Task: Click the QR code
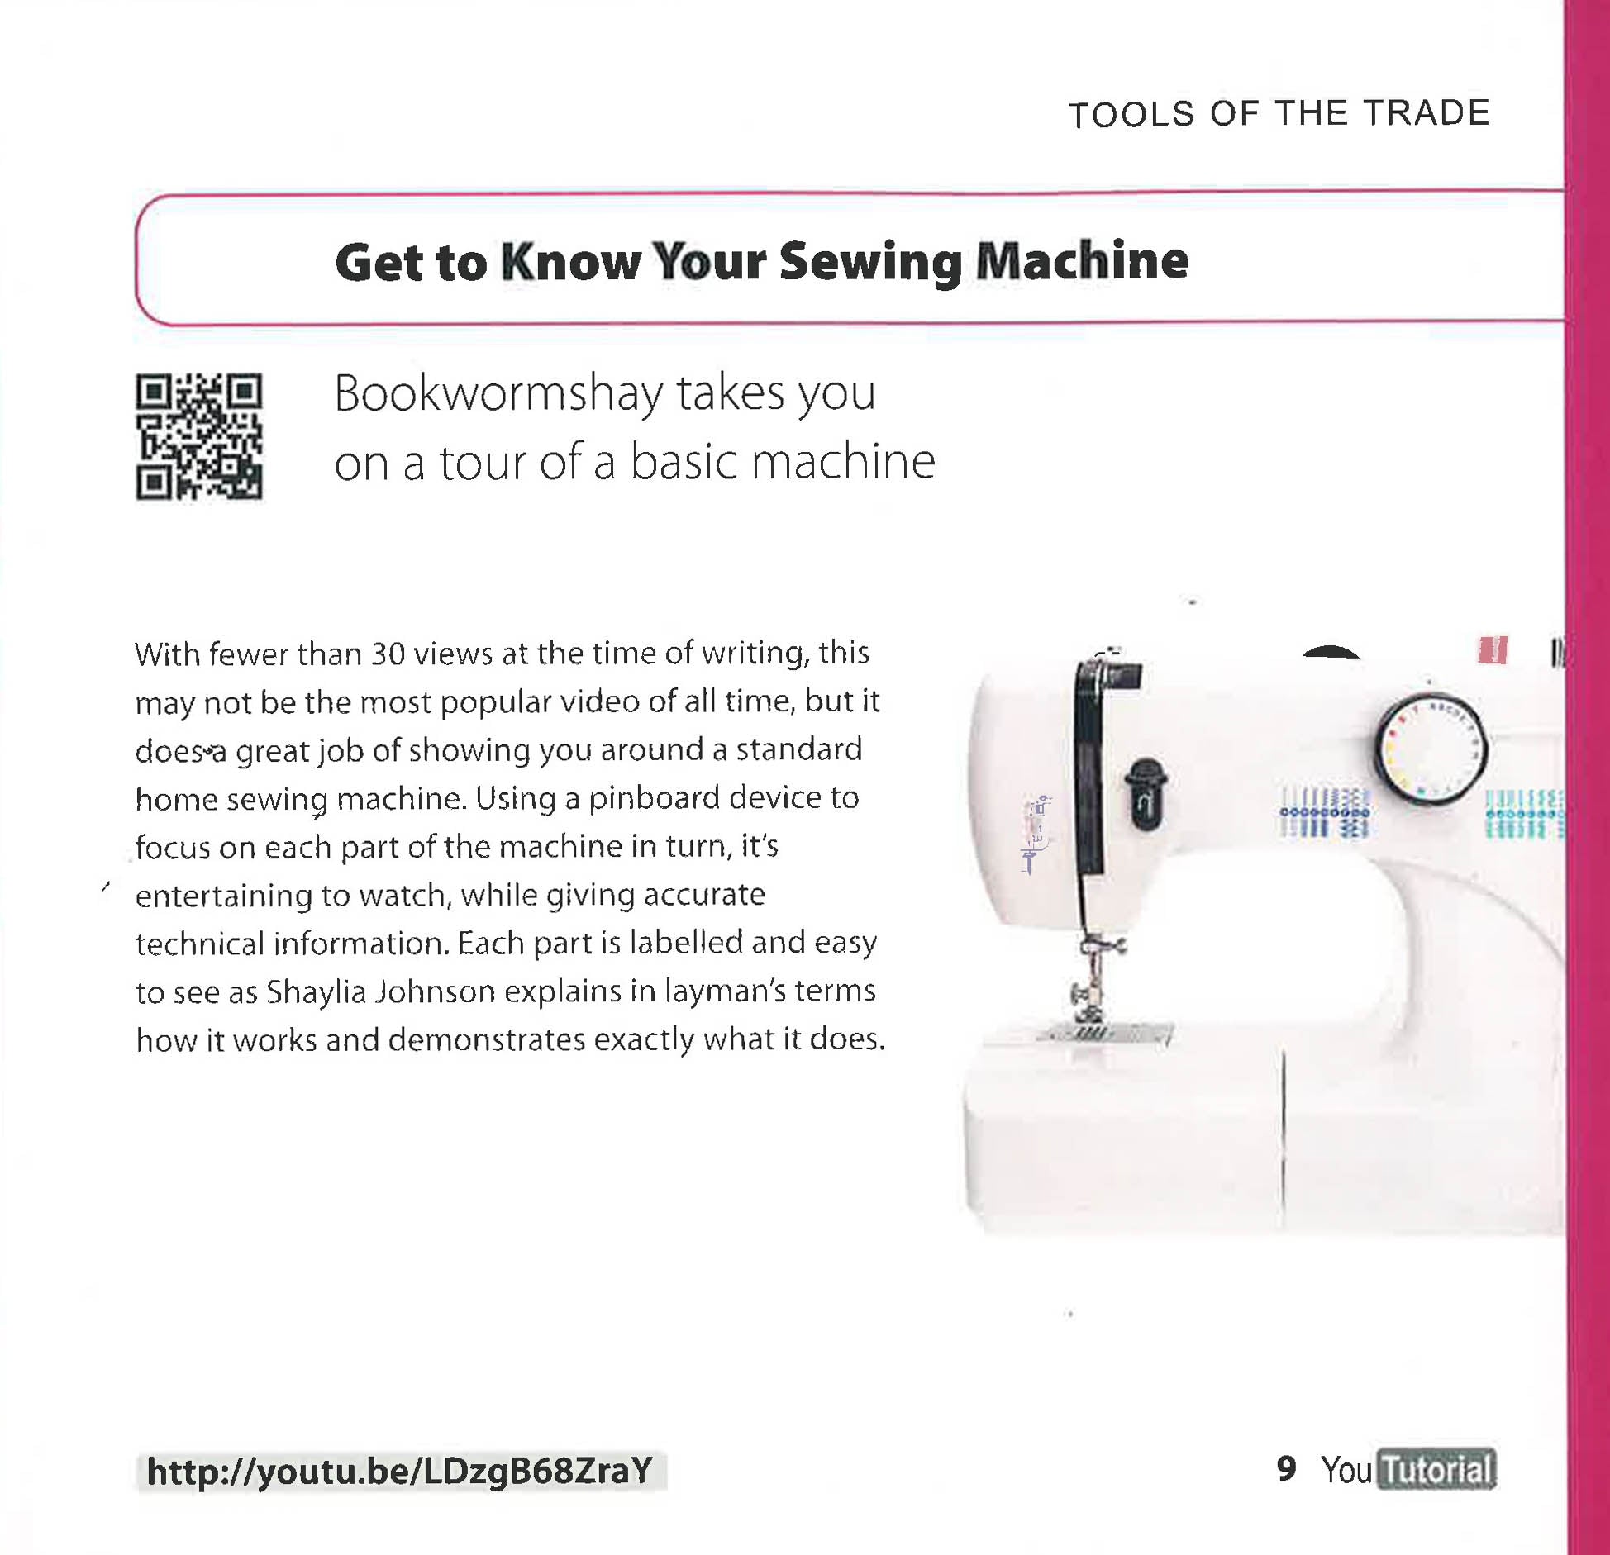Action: tap(199, 436)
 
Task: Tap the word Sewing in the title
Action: tap(870, 262)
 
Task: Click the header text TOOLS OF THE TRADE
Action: tap(1279, 114)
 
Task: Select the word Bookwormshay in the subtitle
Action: tap(498, 393)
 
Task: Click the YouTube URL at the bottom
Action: tap(400, 1471)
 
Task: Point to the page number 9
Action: tap(1286, 1468)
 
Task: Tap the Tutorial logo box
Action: tap(1436, 1470)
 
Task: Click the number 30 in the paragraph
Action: tap(387, 654)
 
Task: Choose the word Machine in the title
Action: tap(1082, 262)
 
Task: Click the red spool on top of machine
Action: tap(1492, 650)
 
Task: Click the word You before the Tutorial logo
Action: tap(1346, 1470)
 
